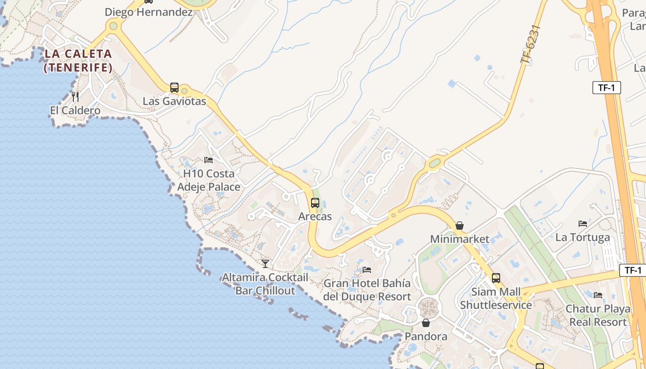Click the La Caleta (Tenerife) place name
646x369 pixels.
(78, 60)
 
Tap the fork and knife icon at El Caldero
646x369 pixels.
(75, 97)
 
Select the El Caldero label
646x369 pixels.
(75, 111)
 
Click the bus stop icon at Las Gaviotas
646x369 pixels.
(174, 87)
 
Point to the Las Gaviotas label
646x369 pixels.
(174, 101)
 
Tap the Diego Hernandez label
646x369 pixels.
(149, 12)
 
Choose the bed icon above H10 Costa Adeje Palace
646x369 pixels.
(209, 160)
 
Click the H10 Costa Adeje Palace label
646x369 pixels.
(209, 180)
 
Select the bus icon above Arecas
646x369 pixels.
(315, 202)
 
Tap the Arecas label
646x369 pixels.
(315, 216)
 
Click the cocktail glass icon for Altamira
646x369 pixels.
(265, 263)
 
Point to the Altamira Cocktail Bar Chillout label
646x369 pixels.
(265, 284)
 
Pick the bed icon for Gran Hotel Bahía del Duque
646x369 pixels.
(367, 269)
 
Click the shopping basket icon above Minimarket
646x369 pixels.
(460, 226)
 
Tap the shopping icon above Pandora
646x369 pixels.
(426, 323)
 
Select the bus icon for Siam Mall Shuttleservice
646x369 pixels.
(496, 278)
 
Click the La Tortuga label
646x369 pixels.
(583, 238)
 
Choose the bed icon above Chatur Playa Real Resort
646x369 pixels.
(598, 295)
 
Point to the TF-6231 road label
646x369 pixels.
(530, 45)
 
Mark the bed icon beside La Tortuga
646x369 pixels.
(583, 224)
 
